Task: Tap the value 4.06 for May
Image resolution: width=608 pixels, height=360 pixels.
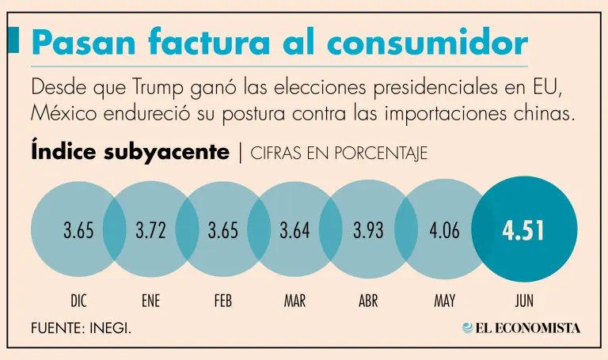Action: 445,231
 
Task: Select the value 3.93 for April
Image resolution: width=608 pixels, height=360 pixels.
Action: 369,231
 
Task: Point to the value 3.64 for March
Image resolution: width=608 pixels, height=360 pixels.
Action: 295,231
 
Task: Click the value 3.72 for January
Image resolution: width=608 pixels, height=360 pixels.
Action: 151,231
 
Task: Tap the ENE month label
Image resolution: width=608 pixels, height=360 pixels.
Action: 150,301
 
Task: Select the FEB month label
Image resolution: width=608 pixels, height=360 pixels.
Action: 222,301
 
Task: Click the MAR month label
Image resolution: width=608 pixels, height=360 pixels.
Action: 295,301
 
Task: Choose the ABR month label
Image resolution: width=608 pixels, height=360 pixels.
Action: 368,301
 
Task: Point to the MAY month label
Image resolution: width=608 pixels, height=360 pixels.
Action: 444,301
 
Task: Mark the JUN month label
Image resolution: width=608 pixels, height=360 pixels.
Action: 523,301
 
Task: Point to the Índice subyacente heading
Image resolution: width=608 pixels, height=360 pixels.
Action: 130,151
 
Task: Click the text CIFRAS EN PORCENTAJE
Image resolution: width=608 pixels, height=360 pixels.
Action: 339,153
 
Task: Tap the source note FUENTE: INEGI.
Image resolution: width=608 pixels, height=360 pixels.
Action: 82,328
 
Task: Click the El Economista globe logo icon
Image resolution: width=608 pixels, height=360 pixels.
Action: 469,328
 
